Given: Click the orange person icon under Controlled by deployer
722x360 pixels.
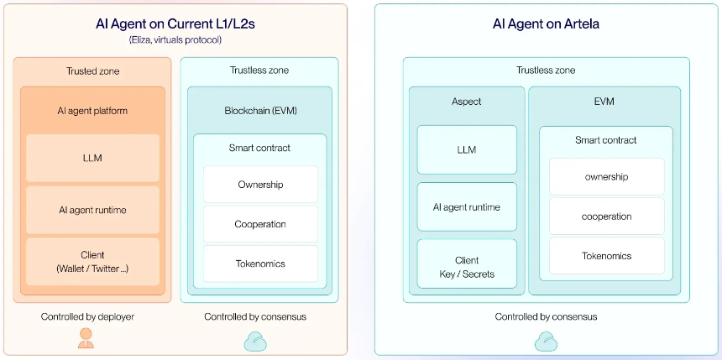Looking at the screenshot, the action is [x=86, y=338].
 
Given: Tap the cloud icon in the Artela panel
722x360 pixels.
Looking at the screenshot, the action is [x=546, y=342].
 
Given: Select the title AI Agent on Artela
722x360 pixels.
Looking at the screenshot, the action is [x=546, y=24].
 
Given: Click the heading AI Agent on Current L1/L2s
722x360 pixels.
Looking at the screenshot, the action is [x=175, y=24].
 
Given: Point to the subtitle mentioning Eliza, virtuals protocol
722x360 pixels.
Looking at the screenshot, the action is [x=175, y=40].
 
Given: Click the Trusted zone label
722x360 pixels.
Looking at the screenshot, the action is [x=92, y=70].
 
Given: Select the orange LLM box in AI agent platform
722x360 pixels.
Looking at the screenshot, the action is [x=92, y=158].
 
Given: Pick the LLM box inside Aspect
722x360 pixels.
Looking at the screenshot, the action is [x=467, y=149].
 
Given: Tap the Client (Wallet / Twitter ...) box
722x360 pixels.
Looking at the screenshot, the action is [x=92, y=262].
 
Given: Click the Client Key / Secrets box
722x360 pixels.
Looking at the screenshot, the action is [x=467, y=263].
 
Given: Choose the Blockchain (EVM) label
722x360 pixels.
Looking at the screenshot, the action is [x=259, y=111].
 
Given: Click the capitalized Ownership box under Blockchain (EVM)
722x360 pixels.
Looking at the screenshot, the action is [x=260, y=184].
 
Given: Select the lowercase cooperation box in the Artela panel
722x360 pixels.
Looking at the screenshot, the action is [x=606, y=216].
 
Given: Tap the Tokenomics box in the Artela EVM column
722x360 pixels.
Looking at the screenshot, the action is [x=606, y=255].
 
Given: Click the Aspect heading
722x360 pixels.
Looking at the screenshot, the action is [x=467, y=102].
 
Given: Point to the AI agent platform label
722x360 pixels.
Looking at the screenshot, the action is [x=92, y=111].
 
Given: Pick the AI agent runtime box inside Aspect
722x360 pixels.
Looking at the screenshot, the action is [x=467, y=206].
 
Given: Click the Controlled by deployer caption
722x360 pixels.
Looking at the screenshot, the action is [x=87, y=316].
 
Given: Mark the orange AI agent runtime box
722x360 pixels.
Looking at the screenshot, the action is [x=92, y=210].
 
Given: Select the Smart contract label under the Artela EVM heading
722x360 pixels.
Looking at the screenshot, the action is [x=606, y=140].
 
